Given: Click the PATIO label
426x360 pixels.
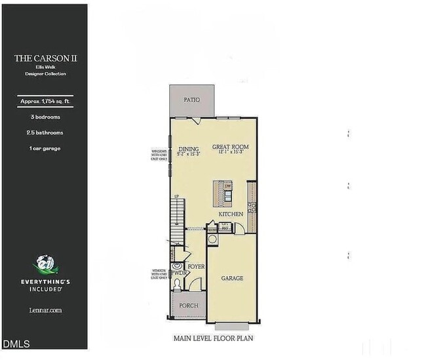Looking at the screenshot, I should [x=191, y=100].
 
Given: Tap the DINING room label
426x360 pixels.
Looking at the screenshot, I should [x=189, y=148].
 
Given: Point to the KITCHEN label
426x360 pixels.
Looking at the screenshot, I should [x=231, y=214].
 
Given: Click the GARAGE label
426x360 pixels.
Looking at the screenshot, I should [x=231, y=278].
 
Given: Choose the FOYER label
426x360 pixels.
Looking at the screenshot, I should [x=196, y=267].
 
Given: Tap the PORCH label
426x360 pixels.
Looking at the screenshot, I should [x=189, y=306].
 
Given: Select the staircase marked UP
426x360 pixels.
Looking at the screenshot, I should [x=177, y=216].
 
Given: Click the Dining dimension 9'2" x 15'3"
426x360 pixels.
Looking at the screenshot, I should [x=189, y=154].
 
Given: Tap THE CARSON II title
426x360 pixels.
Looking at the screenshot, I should [x=43, y=58].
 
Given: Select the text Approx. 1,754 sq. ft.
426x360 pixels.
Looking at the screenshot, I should [x=43, y=101].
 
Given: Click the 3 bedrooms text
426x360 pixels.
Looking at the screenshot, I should [x=43, y=117].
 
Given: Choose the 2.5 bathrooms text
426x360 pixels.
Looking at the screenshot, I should [x=43, y=132].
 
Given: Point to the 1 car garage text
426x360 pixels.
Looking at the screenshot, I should [x=43, y=148].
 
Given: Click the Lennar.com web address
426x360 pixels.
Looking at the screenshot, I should [x=45, y=310].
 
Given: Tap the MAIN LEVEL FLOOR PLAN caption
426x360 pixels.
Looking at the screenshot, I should [x=213, y=339].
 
